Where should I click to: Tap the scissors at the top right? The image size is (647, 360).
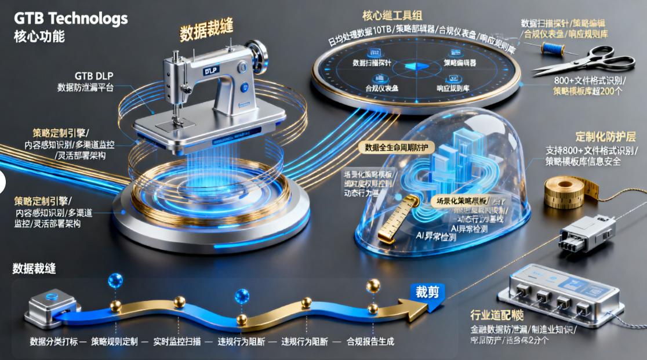583,61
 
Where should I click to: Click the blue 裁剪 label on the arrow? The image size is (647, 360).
427,292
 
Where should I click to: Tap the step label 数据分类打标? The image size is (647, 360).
53,341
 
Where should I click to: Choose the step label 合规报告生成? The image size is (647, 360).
370,341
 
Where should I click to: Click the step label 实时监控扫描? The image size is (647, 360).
177,341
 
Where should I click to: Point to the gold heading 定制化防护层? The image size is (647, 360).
605,137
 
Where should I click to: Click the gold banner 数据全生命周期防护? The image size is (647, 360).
396,148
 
